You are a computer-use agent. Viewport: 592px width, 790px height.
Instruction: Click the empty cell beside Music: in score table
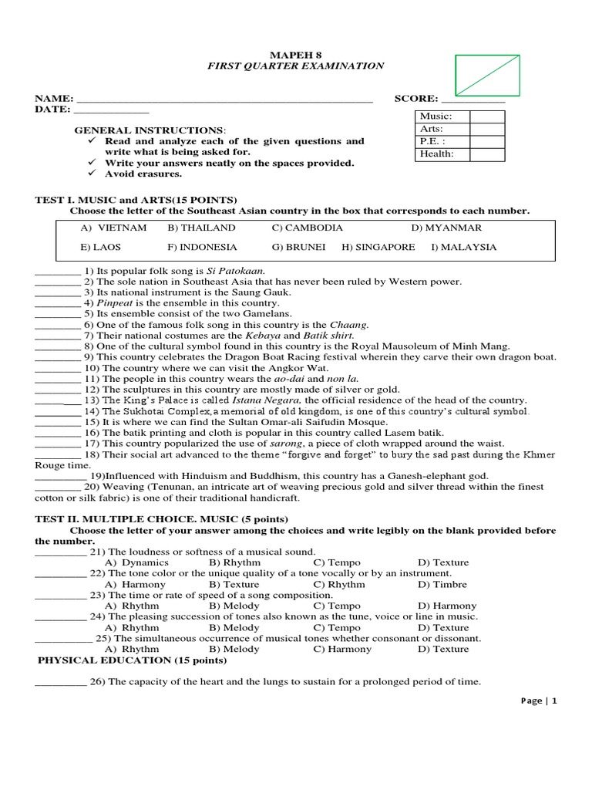(486, 116)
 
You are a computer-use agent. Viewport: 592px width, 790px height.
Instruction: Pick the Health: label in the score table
(436, 154)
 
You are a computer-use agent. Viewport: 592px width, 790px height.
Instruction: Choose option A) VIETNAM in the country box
(113, 228)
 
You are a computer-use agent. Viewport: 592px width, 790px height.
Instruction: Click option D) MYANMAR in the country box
(446, 228)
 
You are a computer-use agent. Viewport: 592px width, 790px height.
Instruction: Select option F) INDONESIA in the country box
(202, 248)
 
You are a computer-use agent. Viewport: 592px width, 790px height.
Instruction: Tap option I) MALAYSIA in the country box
(464, 248)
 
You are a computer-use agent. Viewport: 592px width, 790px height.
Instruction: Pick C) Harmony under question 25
(342, 649)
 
